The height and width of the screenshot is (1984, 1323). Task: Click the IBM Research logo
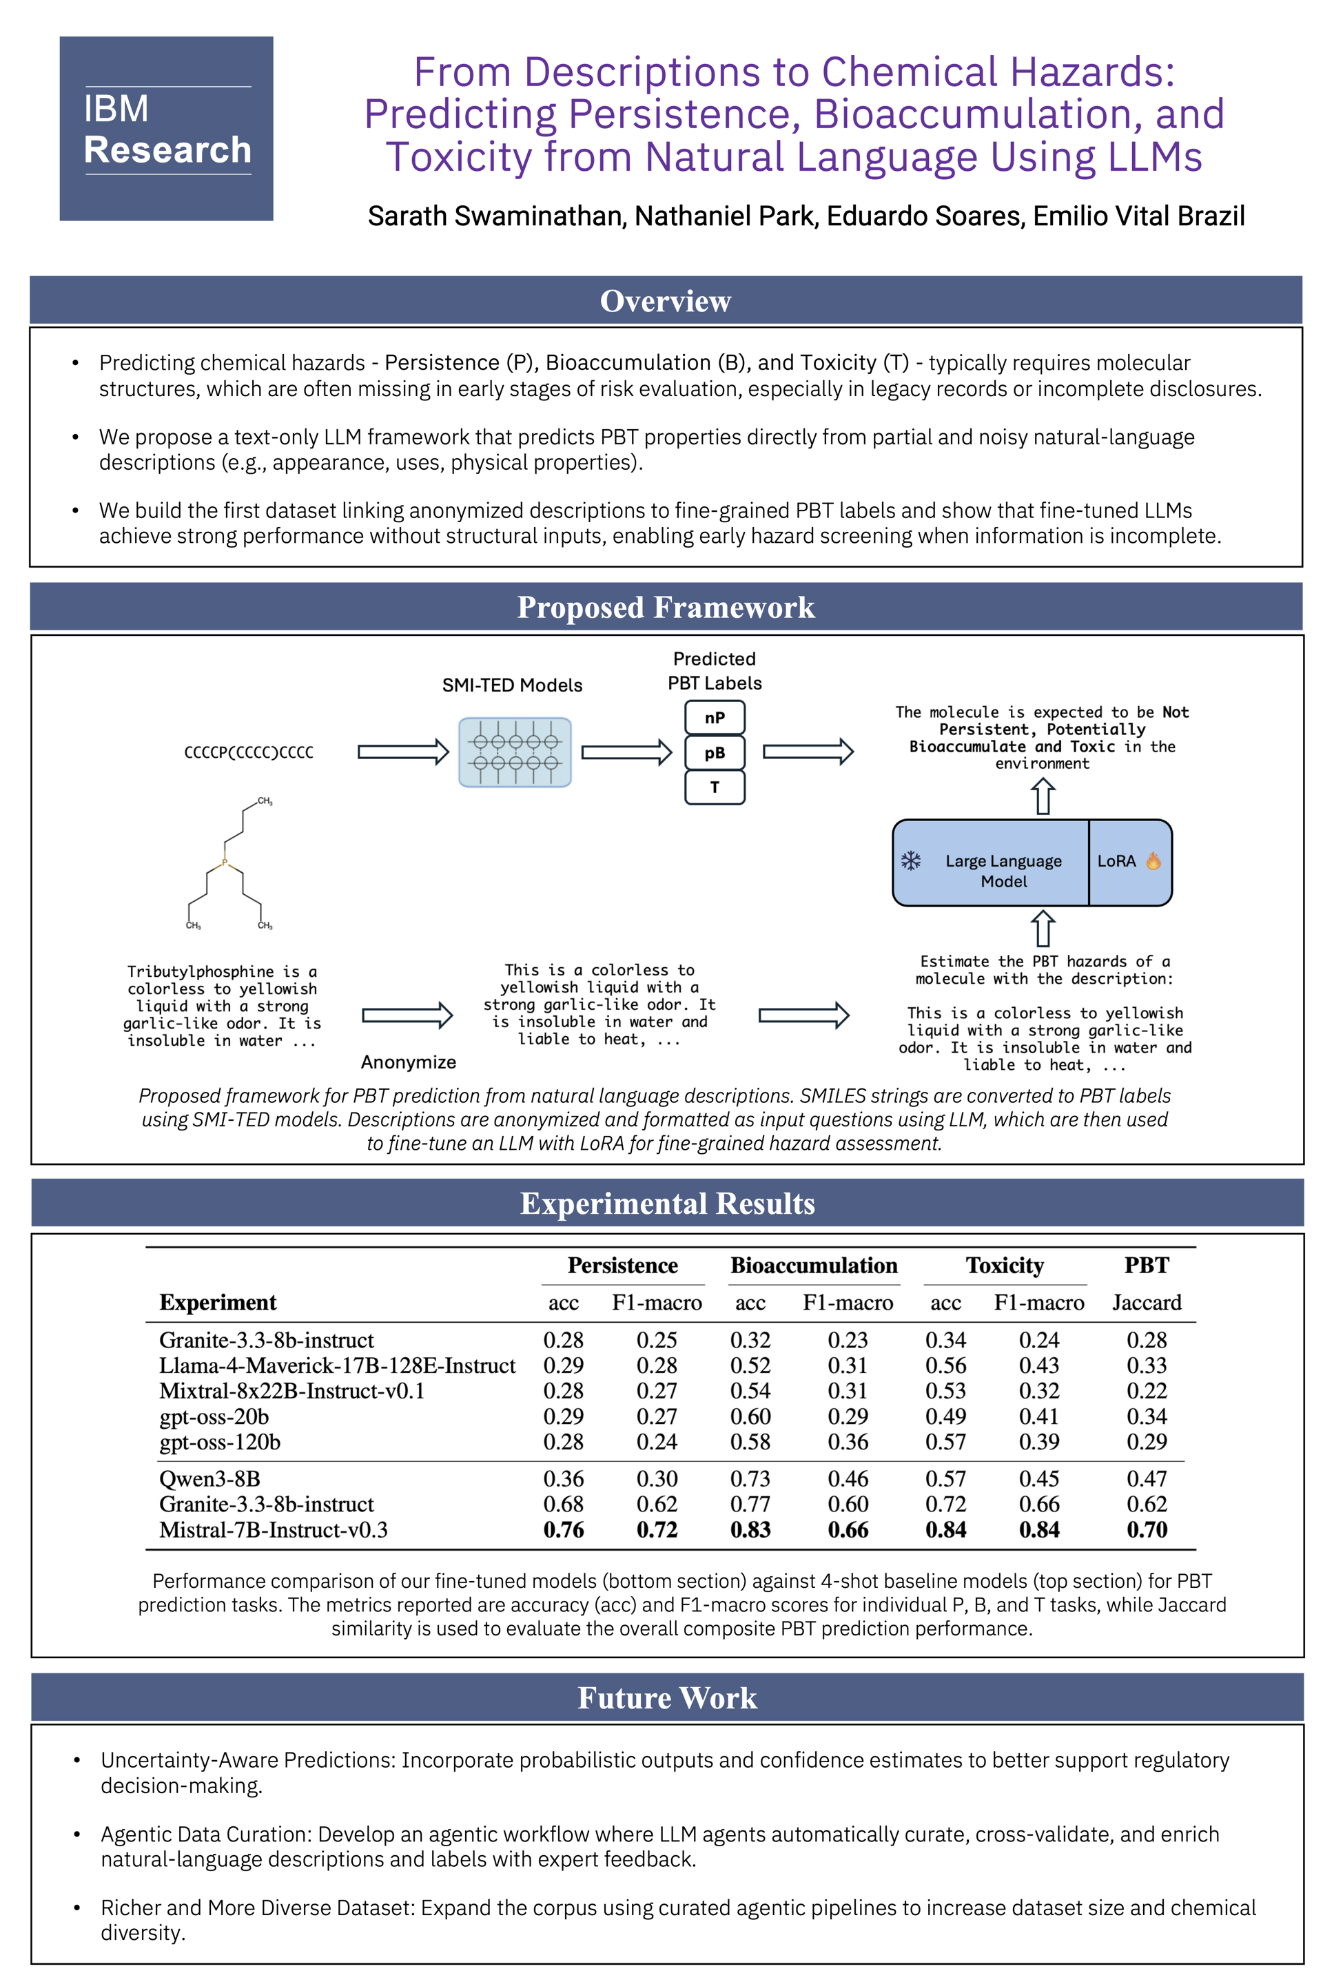(166, 129)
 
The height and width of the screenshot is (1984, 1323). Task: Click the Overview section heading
(665, 301)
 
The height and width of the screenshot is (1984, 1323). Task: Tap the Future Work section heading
(666, 1697)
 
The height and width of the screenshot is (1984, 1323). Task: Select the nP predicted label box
(715, 718)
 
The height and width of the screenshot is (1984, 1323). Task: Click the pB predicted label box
(715, 752)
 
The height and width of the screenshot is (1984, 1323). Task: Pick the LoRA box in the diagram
(1129, 861)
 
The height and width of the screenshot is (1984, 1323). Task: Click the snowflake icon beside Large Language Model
(911, 860)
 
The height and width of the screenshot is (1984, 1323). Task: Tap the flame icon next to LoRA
(1153, 860)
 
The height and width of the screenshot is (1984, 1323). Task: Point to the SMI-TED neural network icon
(515, 752)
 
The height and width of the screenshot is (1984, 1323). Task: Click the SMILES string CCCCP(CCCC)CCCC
(249, 752)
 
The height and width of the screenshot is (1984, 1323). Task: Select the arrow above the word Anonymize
(407, 1015)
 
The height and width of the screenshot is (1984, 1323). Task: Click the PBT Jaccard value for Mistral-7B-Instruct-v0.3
(1147, 1530)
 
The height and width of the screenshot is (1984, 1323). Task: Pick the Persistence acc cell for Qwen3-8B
(564, 1479)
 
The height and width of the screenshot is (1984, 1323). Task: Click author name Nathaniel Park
(726, 216)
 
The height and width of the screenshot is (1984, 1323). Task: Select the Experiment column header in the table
(218, 1303)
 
